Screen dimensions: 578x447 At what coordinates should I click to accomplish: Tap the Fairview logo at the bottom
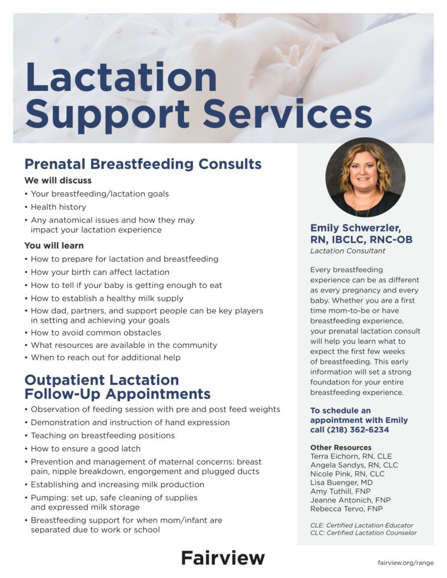tap(222, 558)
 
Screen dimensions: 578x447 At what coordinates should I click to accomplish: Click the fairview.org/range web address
tap(405, 563)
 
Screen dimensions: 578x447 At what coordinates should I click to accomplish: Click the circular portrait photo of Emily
tap(365, 177)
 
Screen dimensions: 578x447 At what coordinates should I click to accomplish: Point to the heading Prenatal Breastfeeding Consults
tap(143, 164)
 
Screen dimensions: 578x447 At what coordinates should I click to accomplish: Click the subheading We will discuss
tap(58, 180)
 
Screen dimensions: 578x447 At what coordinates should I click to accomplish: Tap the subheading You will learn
tap(54, 245)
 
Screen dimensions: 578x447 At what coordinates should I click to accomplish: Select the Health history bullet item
tap(58, 207)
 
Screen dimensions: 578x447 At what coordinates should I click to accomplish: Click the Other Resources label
tap(340, 448)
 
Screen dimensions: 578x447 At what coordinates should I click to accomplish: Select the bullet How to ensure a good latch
tap(86, 449)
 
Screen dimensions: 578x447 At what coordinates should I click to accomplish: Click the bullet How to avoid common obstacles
tap(95, 333)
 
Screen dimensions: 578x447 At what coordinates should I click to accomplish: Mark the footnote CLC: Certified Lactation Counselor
tap(363, 533)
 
